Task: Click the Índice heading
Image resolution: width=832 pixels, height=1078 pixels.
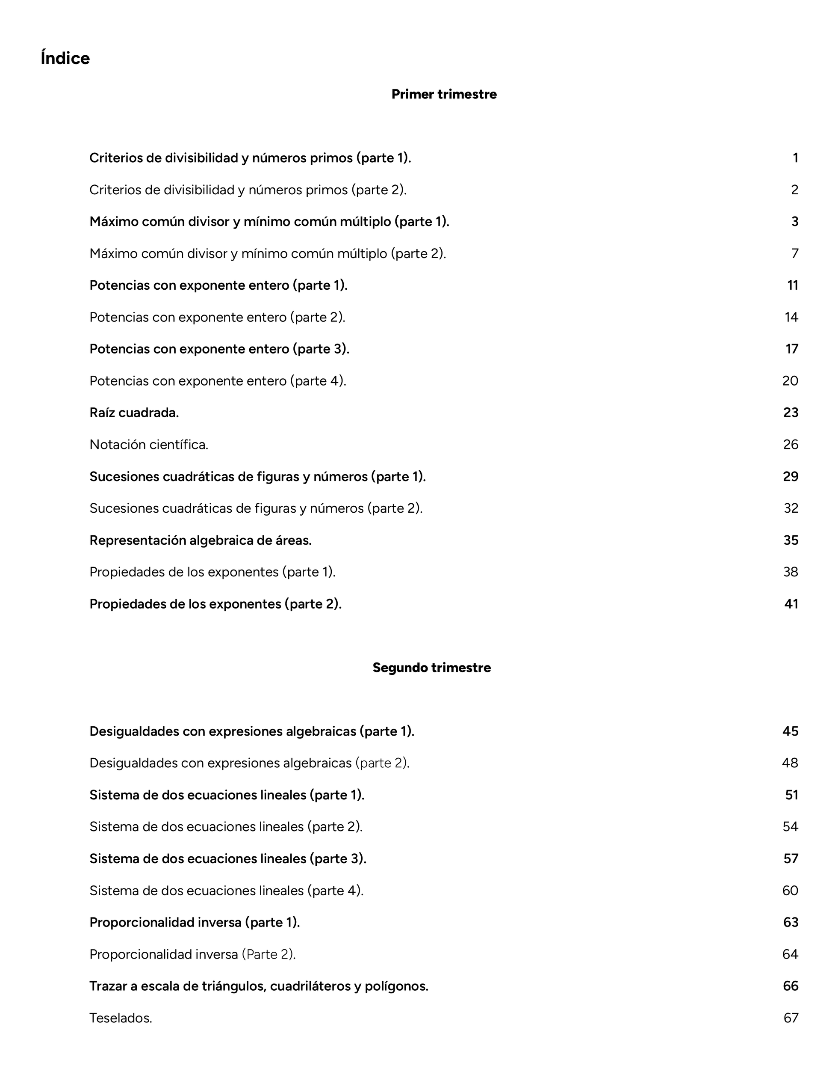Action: tap(65, 58)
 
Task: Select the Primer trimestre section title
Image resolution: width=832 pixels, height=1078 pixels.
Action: tap(443, 94)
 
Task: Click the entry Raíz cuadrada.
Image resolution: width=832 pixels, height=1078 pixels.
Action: tap(134, 413)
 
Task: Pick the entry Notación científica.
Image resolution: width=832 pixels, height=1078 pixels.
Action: tap(149, 445)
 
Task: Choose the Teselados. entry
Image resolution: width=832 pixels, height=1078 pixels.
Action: tap(121, 1018)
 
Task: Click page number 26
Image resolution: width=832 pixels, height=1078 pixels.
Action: tap(791, 445)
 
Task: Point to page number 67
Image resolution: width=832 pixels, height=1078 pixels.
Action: tap(791, 1018)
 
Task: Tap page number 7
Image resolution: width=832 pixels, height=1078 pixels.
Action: tap(794, 254)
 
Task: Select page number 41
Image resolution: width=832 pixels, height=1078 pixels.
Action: tap(791, 604)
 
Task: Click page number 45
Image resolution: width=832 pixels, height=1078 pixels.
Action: tap(790, 731)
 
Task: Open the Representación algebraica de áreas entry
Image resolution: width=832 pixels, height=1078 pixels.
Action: tap(200, 540)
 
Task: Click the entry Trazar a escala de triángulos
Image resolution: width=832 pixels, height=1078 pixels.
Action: tap(258, 986)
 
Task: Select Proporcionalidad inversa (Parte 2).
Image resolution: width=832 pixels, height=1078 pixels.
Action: tap(192, 954)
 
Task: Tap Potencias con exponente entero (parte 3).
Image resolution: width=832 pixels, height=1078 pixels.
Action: tap(219, 349)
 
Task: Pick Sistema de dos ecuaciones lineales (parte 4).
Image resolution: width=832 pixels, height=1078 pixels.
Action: tap(226, 891)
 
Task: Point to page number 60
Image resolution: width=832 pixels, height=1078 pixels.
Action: tap(790, 891)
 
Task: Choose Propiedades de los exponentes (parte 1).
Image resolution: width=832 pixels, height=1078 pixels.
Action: tap(212, 572)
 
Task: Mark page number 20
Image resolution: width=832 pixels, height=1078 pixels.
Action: tap(790, 381)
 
